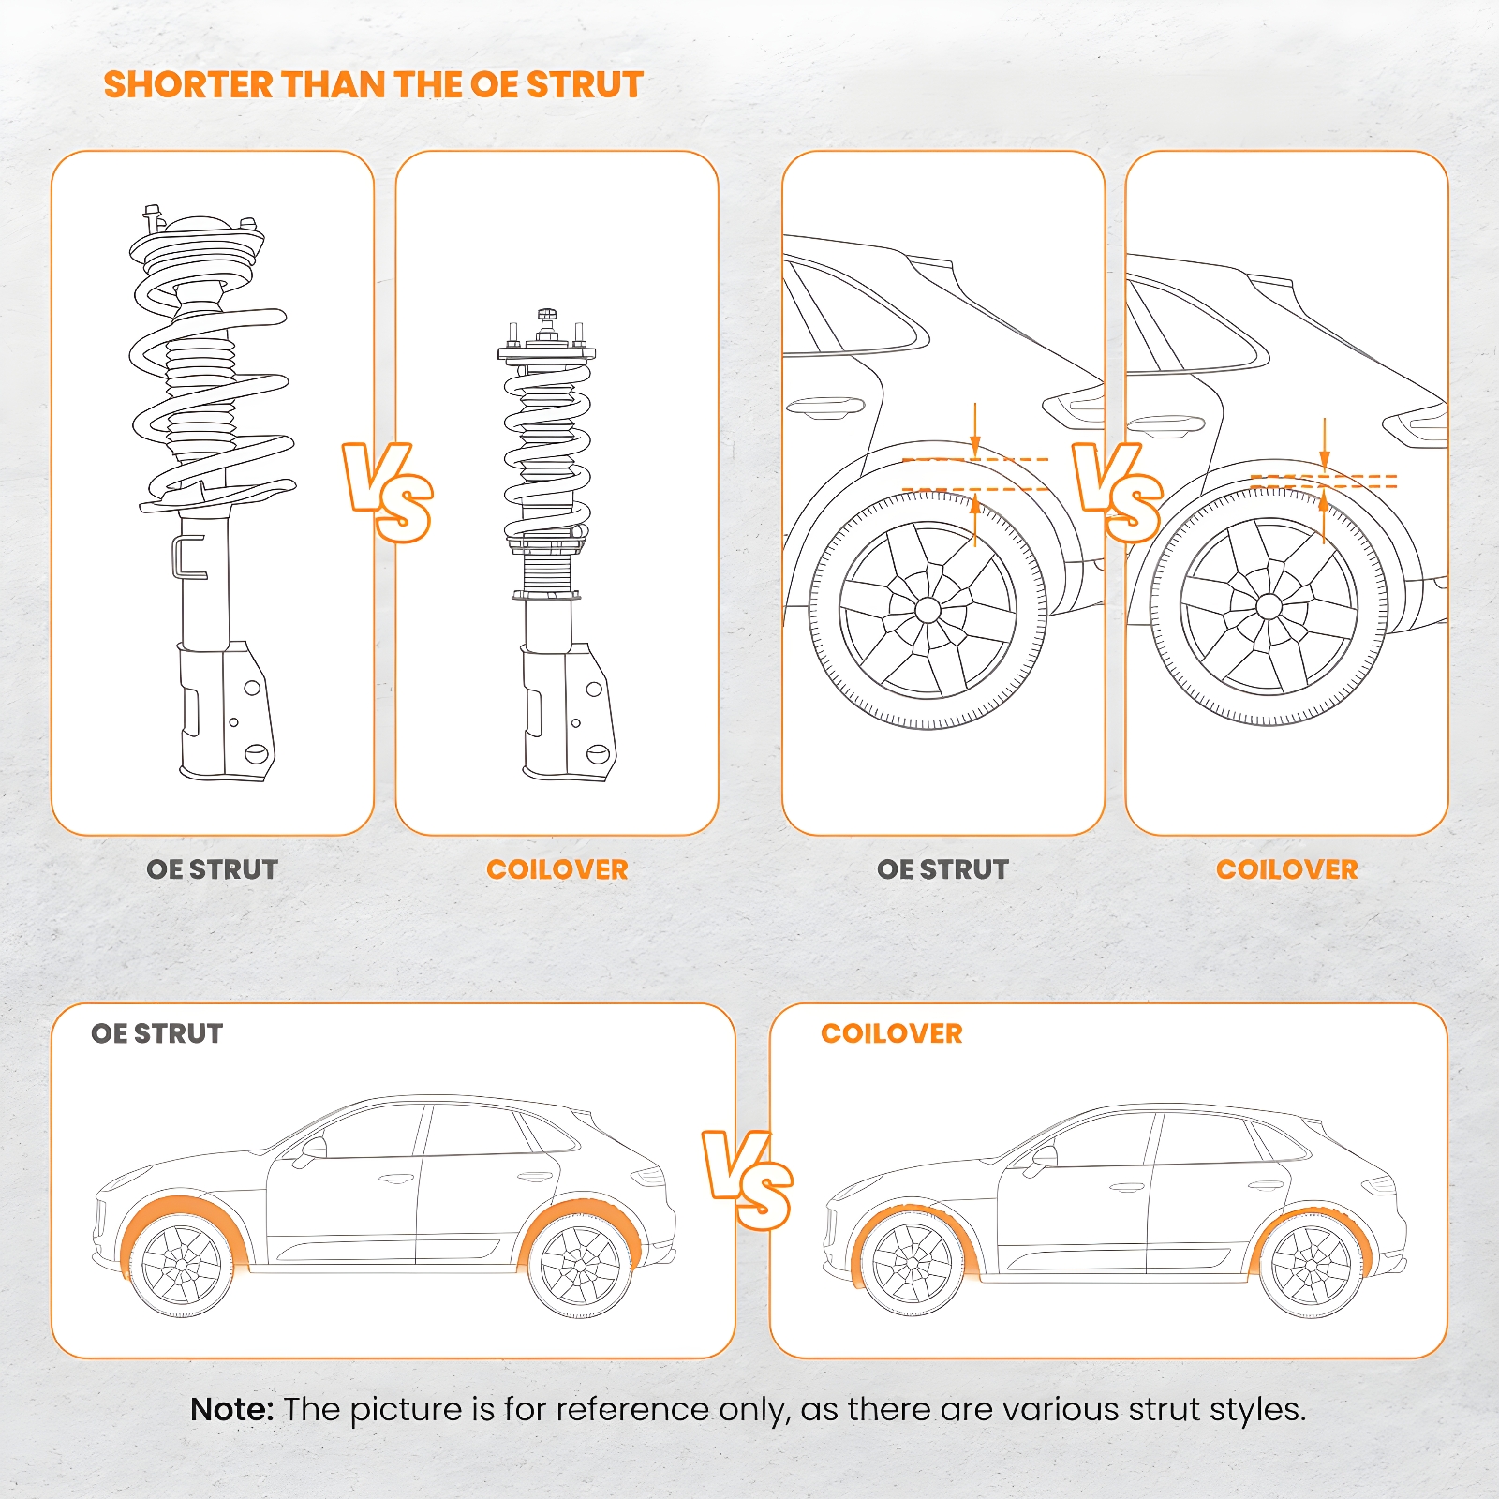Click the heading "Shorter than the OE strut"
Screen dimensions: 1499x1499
pyautogui.click(x=373, y=84)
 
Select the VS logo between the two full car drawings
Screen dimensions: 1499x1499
pyautogui.click(x=748, y=1180)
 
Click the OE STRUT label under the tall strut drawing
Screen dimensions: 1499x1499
pyautogui.click(x=213, y=869)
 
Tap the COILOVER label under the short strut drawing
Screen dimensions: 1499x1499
pyautogui.click(x=557, y=869)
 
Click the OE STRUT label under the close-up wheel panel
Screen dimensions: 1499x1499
pyautogui.click(x=942, y=869)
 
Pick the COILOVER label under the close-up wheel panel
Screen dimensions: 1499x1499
pyautogui.click(x=1287, y=869)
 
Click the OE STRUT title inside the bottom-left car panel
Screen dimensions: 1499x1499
pyautogui.click(x=157, y=1033)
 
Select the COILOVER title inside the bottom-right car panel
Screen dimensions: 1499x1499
pyautogui.click(x=892, y=1033)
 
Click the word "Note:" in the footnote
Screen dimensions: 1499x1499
pyautogui.click(x=231, y=1409)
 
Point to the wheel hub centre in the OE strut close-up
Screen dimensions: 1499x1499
pyautogui.click(x=928, y=611)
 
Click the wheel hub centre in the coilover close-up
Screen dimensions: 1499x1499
pyautogui.click(x=1269, y=606)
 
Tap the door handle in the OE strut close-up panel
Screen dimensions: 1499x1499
pyautogui.click(x=824, y=407)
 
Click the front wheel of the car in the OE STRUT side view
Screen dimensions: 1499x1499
pyautogui.click(x=181, y=1265)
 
